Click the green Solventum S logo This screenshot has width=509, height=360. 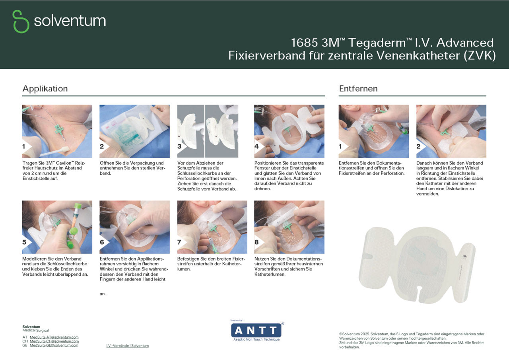(x=21, y=21)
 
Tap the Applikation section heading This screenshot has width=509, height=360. (x=45, y=89)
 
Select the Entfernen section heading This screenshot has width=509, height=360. (x=358, y=89)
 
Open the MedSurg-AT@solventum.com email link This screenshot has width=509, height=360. (x=54, y=337)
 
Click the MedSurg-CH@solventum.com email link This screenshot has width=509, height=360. (x=54, y=341)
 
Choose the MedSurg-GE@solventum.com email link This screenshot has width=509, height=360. (x=54, y=345)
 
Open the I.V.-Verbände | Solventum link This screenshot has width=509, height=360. (x=127, y=346)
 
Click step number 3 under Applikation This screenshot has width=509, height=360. (x=180, y=146)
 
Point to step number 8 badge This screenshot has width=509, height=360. (x=257, y=242)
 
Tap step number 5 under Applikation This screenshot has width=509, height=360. (x=25, y=242)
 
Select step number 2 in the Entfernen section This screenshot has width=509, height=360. (x=419, y=146)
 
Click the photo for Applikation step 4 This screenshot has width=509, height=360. (x=289, y=131)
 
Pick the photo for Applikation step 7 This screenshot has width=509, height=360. (x=212, y=227)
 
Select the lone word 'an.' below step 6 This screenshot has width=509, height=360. (x=103, y=294)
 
